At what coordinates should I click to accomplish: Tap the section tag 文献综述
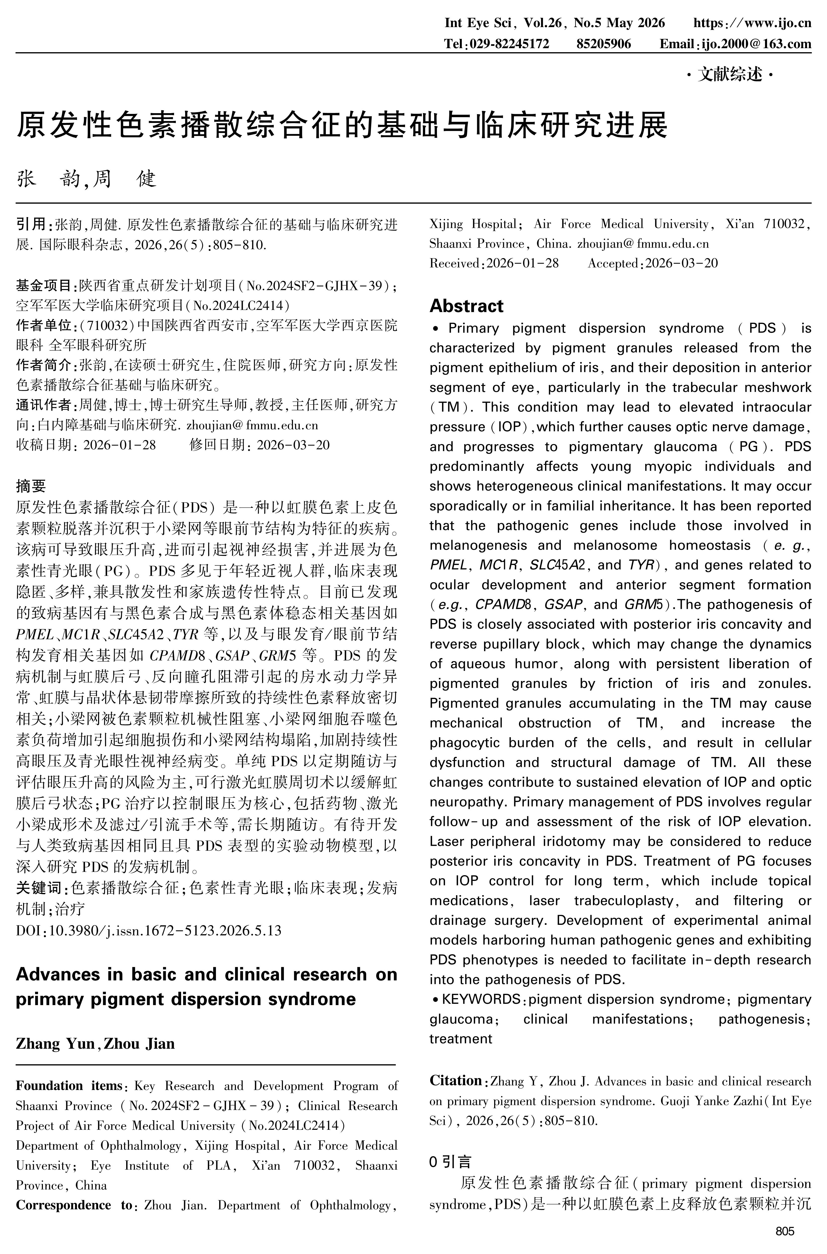(x=730, y=75)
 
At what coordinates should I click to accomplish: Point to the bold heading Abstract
(x=466, y=306)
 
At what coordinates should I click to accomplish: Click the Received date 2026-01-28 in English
(x=522, y=263)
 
